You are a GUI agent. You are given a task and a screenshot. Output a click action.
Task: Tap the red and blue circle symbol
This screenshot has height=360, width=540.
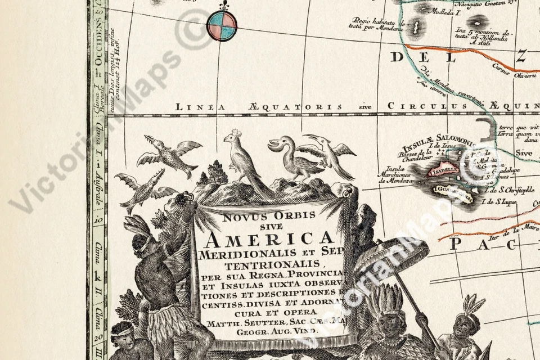222,25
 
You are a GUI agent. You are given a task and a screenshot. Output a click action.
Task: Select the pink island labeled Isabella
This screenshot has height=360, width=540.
443,170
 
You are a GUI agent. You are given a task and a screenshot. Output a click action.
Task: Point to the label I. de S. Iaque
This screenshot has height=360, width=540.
502,208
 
